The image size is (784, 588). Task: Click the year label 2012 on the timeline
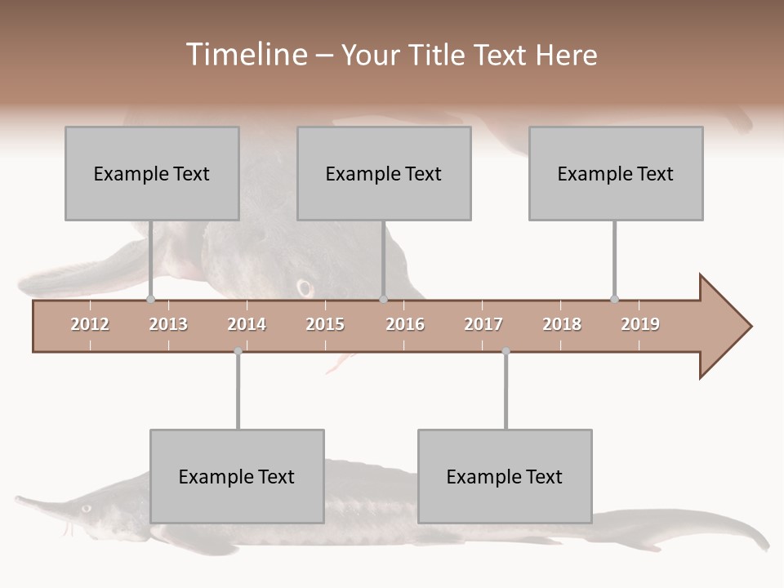(x=90, y=324)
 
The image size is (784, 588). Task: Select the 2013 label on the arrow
(x=168, y=324)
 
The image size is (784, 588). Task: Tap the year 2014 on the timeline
(x=247, y=324)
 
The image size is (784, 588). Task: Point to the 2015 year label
(x=325, y=324)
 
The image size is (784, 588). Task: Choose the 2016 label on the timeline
(x=405, y=324)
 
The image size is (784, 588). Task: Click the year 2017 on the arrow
(x=483, y=324)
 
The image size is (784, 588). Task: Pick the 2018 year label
(x=562, y=324)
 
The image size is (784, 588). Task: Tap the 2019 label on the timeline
(x=640, y=324)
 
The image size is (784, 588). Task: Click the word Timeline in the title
(x=245, y=55)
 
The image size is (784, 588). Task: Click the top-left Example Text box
(x=152, y=173)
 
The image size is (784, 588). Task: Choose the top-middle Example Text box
(x=384, y=173)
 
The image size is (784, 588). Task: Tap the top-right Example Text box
(x=616, y=173)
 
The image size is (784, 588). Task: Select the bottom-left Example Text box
(x=237, y=476)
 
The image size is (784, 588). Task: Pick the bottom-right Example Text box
(x=505, y=476)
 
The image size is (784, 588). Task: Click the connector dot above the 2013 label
(x=151, y=299)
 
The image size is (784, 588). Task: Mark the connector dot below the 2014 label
(x=238, y=351)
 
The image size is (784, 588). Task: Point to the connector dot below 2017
(x=506, y=351)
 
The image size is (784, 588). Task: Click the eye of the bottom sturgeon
(x=86, y=507)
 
